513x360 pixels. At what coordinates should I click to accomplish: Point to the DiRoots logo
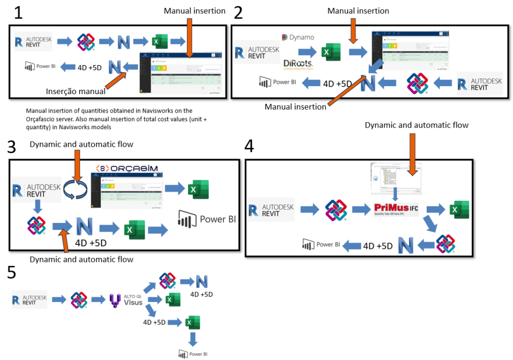coord(298,64)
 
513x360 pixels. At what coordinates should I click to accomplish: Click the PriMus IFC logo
coord(396,209)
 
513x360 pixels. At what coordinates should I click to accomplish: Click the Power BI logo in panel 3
coord(206,219)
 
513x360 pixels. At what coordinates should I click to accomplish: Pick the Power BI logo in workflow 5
coord(193,353)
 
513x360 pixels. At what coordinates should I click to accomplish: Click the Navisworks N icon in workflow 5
coord(202,281)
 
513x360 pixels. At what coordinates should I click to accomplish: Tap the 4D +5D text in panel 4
coord(378,246)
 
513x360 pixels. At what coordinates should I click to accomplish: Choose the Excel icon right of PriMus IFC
coord(459,209)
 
